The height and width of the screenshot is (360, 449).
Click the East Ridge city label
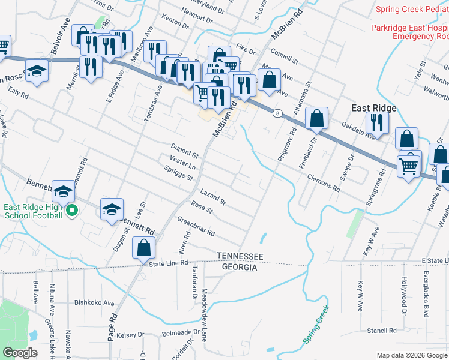(373, 108)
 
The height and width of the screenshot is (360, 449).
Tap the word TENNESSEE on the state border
(240, 257)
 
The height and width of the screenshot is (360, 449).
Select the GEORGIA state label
(240, 268)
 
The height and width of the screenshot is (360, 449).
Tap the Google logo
(20, 353)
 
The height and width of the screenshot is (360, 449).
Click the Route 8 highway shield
(276, 113)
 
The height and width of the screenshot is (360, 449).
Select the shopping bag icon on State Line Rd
(144, 248)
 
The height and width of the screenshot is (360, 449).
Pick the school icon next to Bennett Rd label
(112, 210)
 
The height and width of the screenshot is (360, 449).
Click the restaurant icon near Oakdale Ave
(378, 124)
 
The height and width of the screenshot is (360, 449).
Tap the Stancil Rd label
(382, 331)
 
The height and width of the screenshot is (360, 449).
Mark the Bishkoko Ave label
(94, 303)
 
